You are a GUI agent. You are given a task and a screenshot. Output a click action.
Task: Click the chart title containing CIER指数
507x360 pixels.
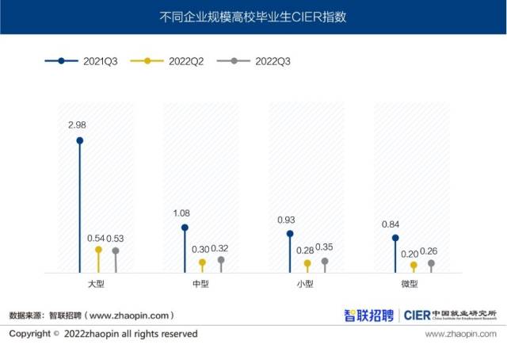click(253, 16)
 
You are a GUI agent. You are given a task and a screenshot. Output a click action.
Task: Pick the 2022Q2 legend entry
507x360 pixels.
click(168, 61)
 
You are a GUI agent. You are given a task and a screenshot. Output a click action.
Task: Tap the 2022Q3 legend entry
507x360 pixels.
click(253, 61)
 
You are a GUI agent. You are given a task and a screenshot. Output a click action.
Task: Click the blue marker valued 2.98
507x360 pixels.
click(79, 140)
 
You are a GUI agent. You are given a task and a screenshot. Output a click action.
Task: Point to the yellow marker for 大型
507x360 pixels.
click(98, 249)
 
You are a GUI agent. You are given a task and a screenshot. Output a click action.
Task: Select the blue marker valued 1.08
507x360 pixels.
click(185, 227)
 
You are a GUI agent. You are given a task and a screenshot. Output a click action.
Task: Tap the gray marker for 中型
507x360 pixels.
click(221, 259)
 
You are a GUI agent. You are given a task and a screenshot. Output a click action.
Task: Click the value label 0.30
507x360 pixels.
click(201, 250)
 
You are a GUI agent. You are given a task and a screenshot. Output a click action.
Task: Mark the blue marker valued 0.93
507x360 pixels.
click(290, 234)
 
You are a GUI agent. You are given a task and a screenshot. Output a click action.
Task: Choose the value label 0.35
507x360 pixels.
click(324, 247)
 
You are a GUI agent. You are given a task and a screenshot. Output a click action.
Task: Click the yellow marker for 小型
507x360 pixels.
click(307, 262)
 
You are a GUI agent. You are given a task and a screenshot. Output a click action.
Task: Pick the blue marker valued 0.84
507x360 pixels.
click(395, 238)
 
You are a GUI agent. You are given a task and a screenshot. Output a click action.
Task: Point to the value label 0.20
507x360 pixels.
click(412, 254)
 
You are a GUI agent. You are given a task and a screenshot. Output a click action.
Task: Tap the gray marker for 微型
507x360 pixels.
click(432, 262)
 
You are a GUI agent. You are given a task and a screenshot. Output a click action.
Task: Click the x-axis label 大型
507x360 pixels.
click(97, 284)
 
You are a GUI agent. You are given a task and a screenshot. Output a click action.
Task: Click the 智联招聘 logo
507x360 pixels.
click(368, 315)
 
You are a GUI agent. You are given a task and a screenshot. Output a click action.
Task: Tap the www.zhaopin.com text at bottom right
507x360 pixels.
click(460, 334)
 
